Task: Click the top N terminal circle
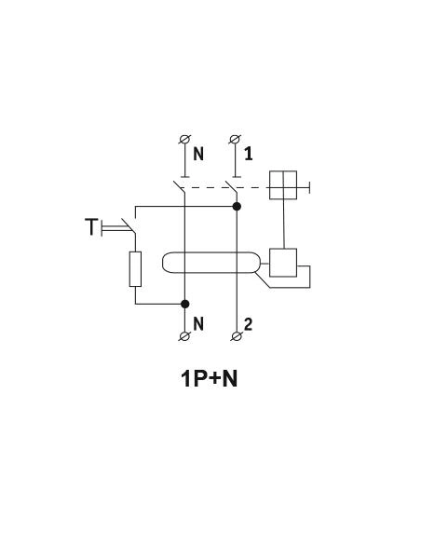point(184,140)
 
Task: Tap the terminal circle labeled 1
point(236,140)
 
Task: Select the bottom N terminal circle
point(184,336)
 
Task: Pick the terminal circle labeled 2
point(237,336)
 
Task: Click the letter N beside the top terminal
point(198,154)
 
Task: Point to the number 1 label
point(249,154)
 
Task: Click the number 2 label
point(248,324)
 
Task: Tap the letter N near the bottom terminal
point(198,324)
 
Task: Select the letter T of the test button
point(91,226)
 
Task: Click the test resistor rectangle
point(135,269)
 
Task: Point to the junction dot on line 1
point(237,207)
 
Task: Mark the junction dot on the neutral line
point(185,304)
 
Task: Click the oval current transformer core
point(210,263)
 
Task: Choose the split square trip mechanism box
point(283,185)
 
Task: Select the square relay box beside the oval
point(283,263)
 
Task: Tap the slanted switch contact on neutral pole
point(179,187)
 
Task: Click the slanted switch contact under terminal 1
point(231,187)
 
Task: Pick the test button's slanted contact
point(129,225)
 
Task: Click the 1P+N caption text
point(210,378)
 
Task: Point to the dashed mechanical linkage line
point(225,187)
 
